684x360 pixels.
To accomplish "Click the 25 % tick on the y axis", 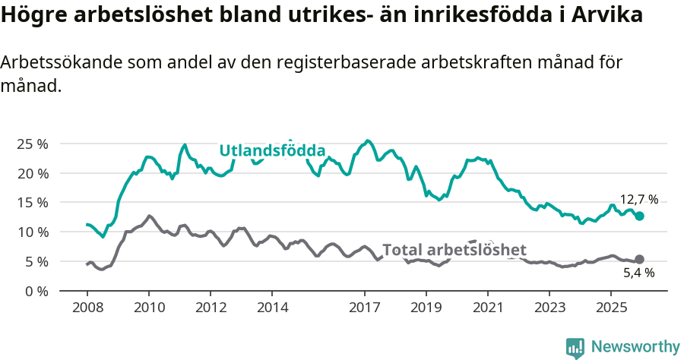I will coord(32,144).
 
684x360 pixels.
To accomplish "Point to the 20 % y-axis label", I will coord(32,173).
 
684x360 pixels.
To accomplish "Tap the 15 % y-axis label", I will coord(32,202).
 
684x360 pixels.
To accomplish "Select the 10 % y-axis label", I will coord(32,232).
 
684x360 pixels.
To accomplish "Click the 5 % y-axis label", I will coord(36,261).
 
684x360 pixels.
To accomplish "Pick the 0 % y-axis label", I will coord(36,291).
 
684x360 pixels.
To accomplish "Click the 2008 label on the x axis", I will coord(87,308).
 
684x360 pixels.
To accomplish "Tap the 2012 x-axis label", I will coord(210,308).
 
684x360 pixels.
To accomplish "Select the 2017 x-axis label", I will coord(364,308).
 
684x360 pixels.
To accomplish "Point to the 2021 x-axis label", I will coord(487,308).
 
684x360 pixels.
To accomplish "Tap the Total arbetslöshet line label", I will coord(454,250).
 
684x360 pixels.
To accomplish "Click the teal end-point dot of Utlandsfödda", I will coord(640,216).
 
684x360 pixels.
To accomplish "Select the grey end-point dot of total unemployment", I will coord(640,259).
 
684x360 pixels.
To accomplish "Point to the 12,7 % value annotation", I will coord(639,200).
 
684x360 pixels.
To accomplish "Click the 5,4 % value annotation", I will coord(639,273).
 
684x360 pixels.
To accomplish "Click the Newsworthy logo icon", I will coord(575,347).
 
